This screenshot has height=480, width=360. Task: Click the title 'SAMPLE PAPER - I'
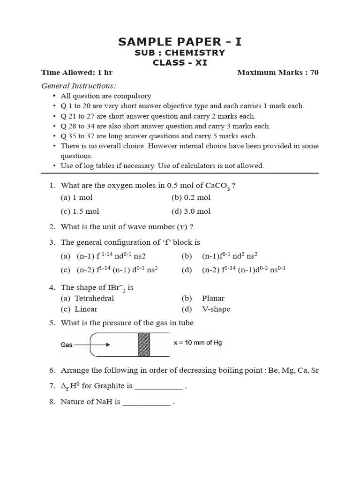pos(180,42)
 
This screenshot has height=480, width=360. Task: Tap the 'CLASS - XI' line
pos(180,63)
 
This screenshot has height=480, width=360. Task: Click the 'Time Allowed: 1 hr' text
pos(77,73)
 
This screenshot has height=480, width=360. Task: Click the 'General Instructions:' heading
pos(78,86)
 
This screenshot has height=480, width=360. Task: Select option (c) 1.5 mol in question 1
pos(80,211)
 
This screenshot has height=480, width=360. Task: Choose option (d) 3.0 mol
pos(191,211)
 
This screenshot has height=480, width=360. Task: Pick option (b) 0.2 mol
pos(191,198)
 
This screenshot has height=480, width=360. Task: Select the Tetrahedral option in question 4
pos(94,298)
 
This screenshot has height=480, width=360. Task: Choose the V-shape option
pos(216,309)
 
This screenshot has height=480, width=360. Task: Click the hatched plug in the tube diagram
pos(143,345)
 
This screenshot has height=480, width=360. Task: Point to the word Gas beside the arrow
pos(67,345)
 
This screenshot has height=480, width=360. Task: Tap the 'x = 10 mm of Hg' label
pos(197,343)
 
